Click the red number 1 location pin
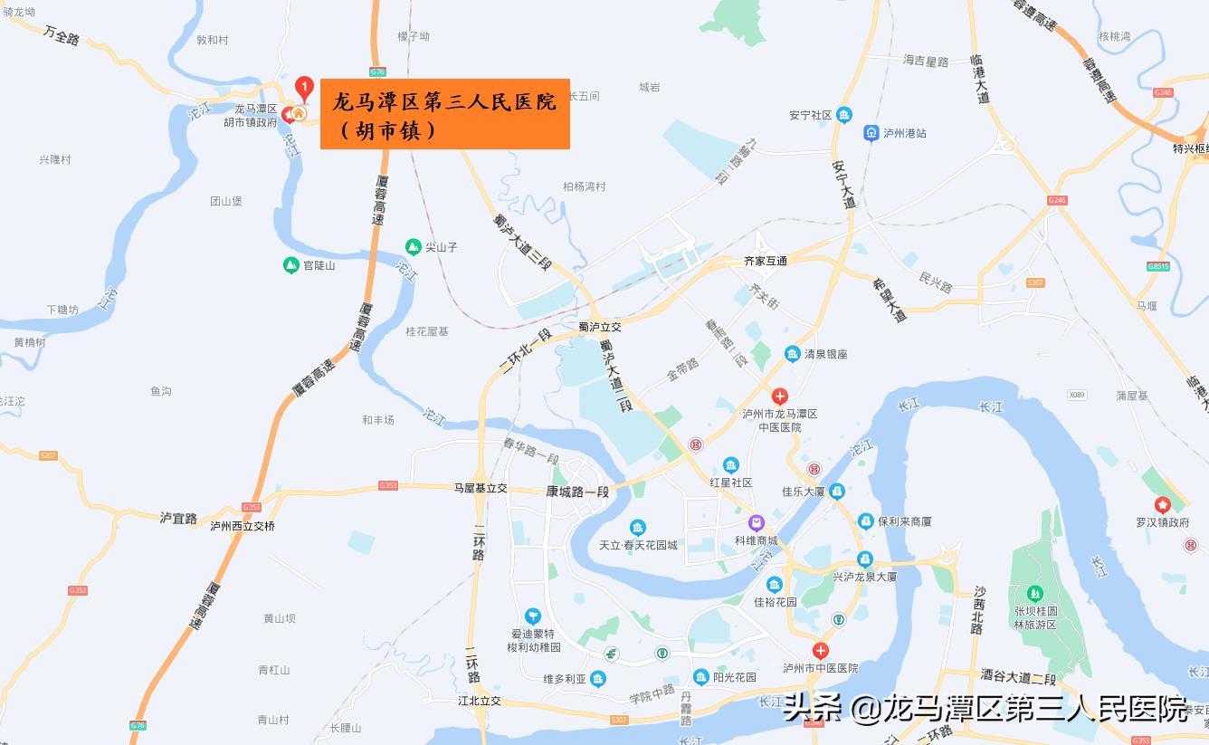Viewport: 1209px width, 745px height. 305,89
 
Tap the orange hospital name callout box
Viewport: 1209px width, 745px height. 444,114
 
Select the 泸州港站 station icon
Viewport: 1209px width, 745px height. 871,133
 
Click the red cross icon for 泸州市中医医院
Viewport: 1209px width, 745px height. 820,651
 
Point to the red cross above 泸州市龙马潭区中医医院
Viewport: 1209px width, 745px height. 779,396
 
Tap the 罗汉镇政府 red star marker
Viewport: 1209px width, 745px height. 1163,505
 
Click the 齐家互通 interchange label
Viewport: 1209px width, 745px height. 765,261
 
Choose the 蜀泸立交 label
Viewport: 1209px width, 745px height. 600,327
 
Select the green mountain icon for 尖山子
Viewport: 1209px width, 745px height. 413,246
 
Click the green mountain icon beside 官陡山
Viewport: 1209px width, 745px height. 291,265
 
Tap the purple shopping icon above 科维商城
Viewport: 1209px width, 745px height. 756,523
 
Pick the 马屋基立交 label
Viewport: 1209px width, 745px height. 481,488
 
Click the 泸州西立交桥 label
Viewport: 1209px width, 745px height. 242,525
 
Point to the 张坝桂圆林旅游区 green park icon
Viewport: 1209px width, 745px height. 1034,594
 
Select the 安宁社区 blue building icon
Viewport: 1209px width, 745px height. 844,114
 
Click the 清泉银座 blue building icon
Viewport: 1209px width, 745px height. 793,354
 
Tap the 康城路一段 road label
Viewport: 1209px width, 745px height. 577,492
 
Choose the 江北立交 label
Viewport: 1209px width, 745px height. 479,701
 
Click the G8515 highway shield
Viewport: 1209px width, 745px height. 1157,266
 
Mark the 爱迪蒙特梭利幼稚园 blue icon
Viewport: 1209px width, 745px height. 532,616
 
